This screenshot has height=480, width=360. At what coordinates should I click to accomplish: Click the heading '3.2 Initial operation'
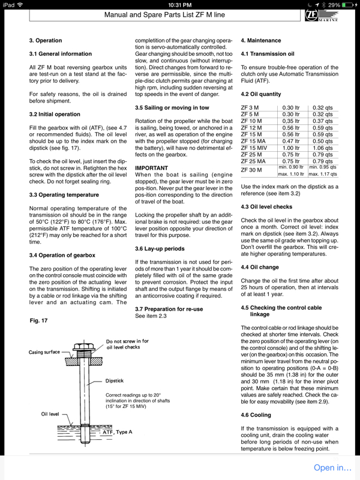coord(56,113)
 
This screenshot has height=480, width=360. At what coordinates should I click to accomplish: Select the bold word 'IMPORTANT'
coord(152,167)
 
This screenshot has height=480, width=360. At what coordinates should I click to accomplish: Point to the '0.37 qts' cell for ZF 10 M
coord(323,121)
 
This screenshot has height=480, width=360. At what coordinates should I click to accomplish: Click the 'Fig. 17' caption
coord(39,321)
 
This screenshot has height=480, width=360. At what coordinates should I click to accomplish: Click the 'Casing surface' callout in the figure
coord(44,352)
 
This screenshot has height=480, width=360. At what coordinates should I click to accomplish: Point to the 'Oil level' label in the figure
coord(52,413)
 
